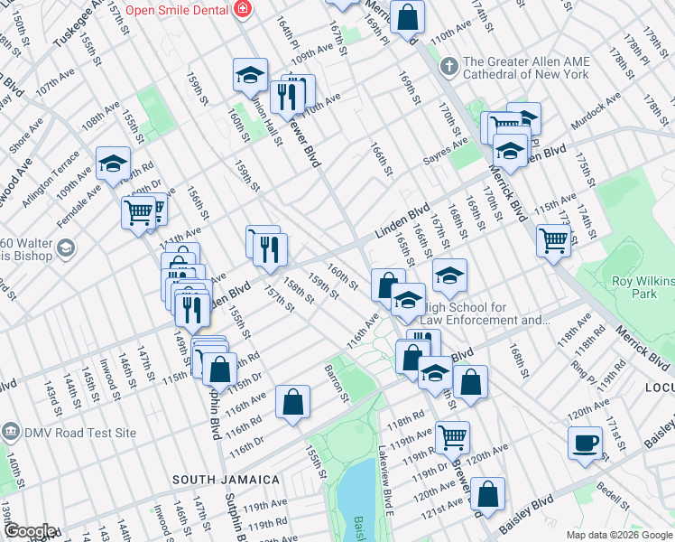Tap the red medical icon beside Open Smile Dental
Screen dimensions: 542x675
point(242,10)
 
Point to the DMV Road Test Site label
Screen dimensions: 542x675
point(79,432)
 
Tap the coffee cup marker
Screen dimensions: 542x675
point(585,444)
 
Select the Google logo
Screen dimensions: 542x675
point(29,531)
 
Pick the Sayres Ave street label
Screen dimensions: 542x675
point(447,152)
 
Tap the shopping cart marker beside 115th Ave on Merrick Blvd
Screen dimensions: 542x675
point(552,239)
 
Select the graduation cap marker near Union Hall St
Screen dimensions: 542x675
point(250,75)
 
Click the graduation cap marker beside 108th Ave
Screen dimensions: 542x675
point(113,163)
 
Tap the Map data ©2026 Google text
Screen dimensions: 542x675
point(618,535)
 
